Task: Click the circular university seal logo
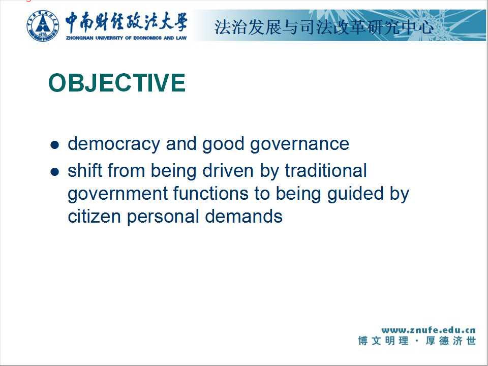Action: [43, 25]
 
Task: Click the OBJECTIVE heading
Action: [117, 83]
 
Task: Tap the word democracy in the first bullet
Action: [114, 144]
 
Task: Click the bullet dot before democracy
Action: [54, 145]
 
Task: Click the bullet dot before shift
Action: [54, 172]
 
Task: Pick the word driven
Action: [228, 171]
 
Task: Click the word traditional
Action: [326, 171]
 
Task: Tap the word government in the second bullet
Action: [117, 194]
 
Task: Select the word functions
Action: [210, 193]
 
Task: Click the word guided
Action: [356, 194]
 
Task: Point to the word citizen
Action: [94, 216]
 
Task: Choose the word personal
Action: [163, 217]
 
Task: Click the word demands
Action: [243, 216]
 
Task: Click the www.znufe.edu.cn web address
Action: [429, 330]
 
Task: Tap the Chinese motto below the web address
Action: [417, 341]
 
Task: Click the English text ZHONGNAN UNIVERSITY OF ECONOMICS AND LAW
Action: [127, 38]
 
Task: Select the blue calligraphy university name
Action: [127, 22]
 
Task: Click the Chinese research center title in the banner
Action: [324, 27]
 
